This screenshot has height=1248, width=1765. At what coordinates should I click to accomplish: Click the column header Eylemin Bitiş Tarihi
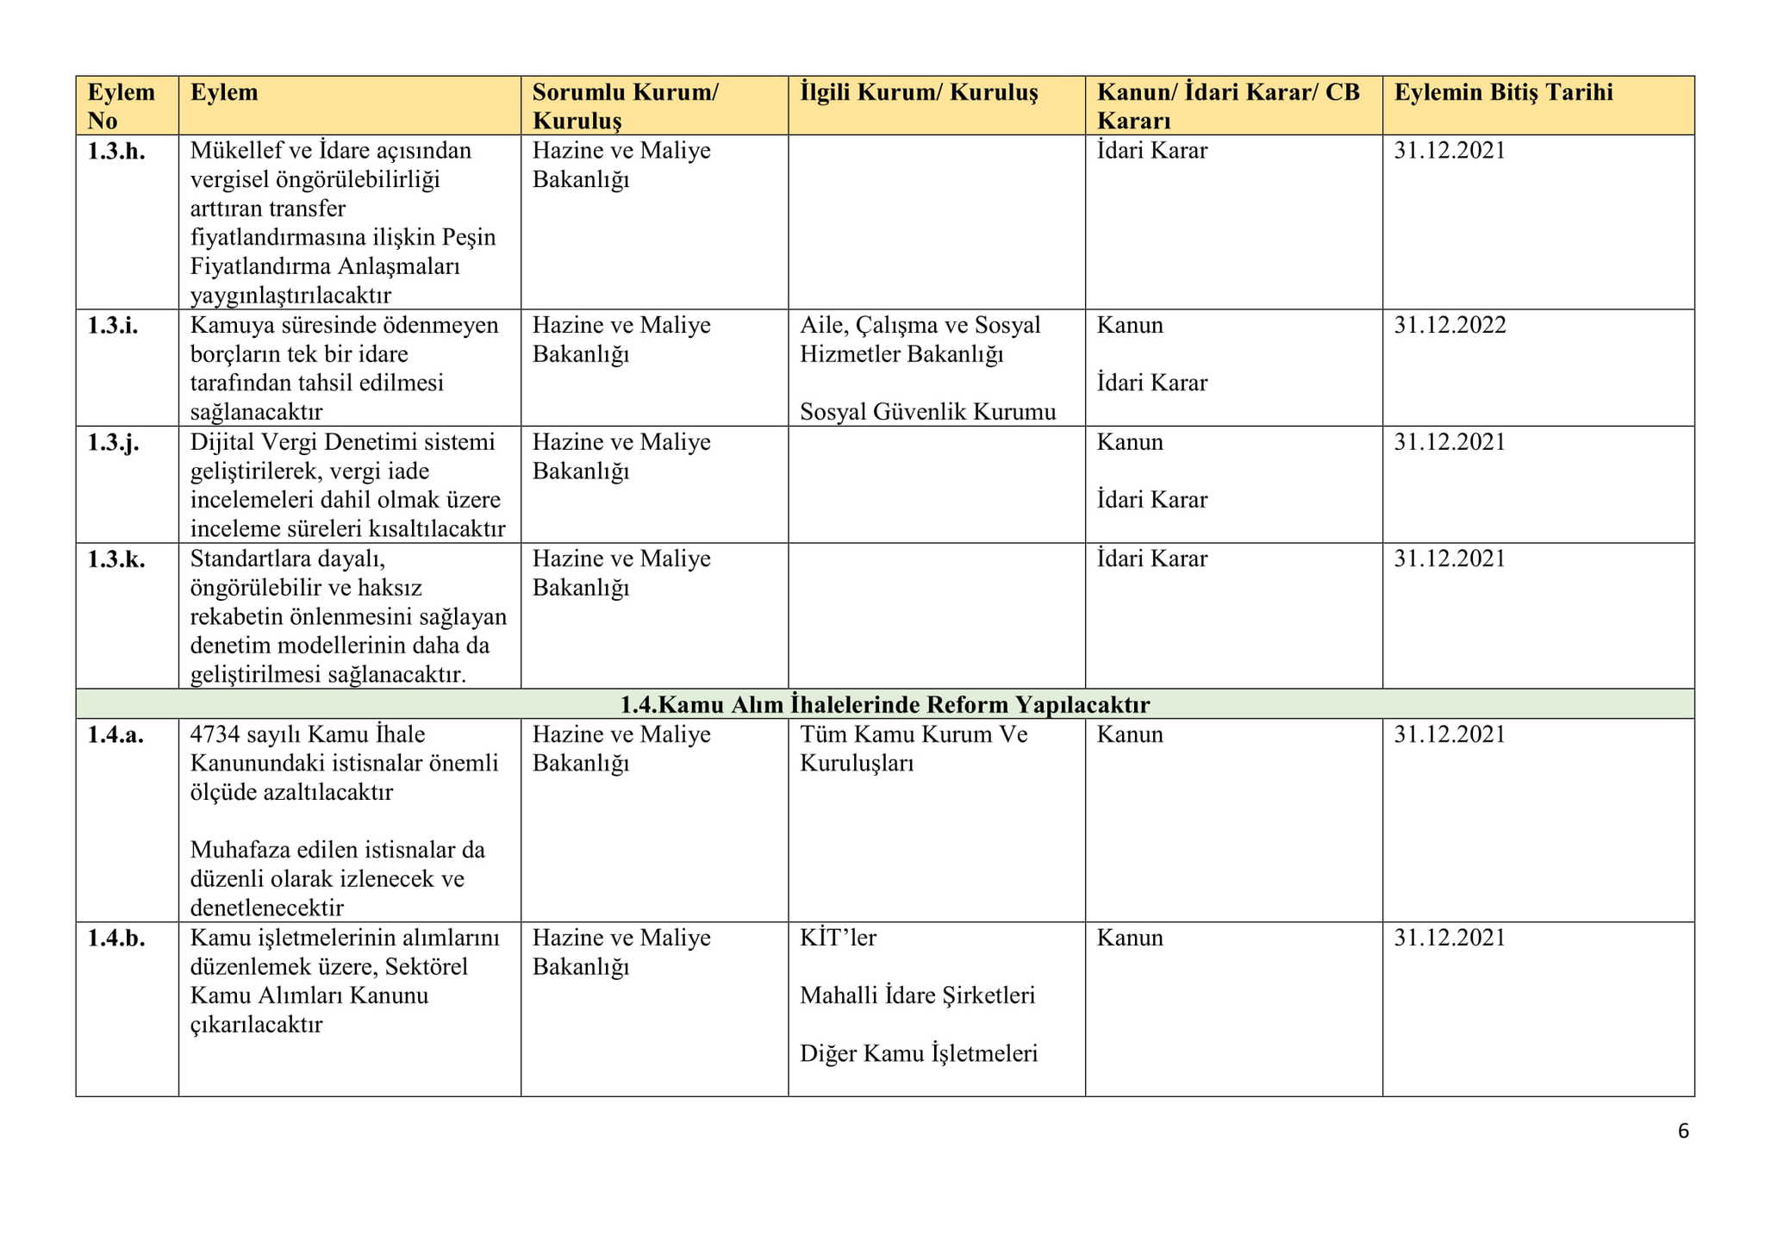pyautogui.click(x=1503, y=93)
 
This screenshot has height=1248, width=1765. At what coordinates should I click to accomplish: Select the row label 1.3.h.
pyautogui.click(x=116, y=152)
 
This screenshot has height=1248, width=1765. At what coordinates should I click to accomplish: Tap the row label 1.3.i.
pyautogui.click(x=113, y=326)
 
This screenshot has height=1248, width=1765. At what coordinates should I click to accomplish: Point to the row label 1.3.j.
pyautogui.click(x=113, y=443)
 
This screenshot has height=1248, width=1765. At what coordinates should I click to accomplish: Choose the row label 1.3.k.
pyautogui.click(x=116, y=559)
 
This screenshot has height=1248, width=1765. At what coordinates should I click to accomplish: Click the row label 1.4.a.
pyautogui.click(x=115, y=735)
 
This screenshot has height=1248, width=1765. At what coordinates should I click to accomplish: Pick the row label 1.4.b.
pyautogui.click(x=116, y=939)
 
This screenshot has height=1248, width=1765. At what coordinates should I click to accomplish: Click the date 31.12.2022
pyautogui.click(x=1450, y=326)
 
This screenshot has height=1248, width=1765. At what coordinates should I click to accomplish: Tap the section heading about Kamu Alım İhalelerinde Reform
pyautogui.click(x=884, y=705)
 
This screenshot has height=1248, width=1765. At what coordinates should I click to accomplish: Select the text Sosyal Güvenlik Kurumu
pyautogui.click(x=927, y=413)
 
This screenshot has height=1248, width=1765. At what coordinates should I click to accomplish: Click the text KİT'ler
pyautogui.click(x=838, y=939)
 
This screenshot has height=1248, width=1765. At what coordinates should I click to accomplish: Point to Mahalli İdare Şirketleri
pyautogui.click(x=917, y=996)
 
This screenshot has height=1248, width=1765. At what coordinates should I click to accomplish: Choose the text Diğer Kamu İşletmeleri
pyautogui.click(x=919, y=1054)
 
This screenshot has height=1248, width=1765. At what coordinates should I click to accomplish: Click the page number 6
pyautogui.click(x=1683, y=1132)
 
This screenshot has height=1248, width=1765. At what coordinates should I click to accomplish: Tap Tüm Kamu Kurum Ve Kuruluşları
pyautogui.click(x=914, y=749)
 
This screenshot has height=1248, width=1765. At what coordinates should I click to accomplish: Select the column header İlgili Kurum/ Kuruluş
pyautogui.click(x=919, y=93)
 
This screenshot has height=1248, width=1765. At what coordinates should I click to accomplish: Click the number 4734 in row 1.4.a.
pyautogui.click(x=215, y=735)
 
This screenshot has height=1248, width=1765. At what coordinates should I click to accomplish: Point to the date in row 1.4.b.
pyautogui.click(x=1450, y=939)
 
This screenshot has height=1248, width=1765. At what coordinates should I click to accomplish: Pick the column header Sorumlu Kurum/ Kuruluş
pyautogui.click(x=625, y=106)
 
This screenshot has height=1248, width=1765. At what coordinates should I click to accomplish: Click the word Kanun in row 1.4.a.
pyautogui.click(x=1130, y=735)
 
